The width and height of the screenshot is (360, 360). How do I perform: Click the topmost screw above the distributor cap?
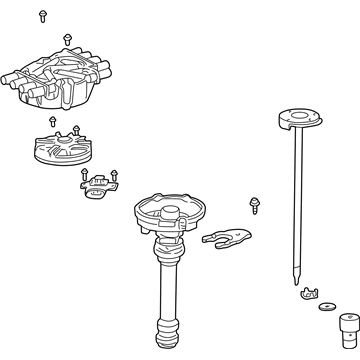pyautogui.click(x=44, y=16)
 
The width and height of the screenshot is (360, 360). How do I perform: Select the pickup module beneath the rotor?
pyautogui.click(x=96, y=184)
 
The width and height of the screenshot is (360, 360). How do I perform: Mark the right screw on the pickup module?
pyautogui.click(x=113, y=173)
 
